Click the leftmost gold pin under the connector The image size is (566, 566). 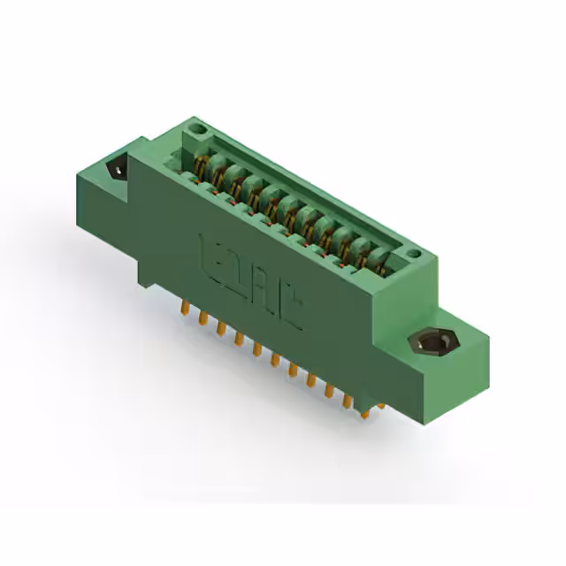pyautogui.click(x=184, y=308)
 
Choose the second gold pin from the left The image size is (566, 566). pyautogui.click(x=203, y=317)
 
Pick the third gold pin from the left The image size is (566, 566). pyautogui.click(x=220, y=327)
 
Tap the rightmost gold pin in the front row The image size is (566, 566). pyautogui.click(x=363, y=408)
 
